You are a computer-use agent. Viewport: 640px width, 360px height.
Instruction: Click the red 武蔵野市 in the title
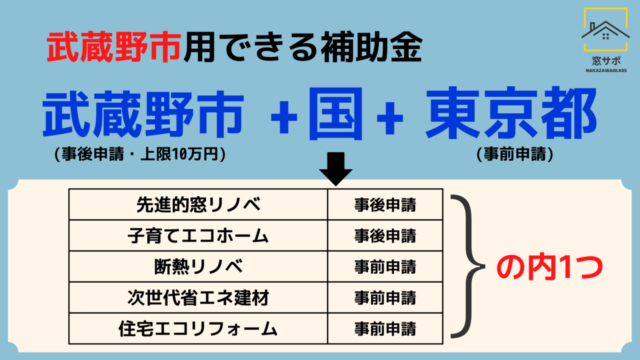tap(114, 48)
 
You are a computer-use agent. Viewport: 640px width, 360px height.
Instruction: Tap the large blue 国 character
tap(335, 114)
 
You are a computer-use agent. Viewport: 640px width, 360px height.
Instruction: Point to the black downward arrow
tap(335, 168)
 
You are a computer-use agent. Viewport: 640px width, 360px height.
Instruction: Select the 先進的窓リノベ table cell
tap(198, 204)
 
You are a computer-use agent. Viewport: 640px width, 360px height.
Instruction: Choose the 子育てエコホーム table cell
tap(198, 235)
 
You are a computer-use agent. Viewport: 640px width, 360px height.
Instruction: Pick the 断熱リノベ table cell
tap(198, 266)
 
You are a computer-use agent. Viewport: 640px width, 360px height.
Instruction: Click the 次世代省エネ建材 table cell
tap(198, 298)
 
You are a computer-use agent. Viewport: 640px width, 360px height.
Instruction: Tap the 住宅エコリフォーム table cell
tap(198, 329)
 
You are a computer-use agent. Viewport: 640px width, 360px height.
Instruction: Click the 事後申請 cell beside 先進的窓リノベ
tap(385, 204)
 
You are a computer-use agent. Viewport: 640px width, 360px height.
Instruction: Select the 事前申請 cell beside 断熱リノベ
tap(385, 266)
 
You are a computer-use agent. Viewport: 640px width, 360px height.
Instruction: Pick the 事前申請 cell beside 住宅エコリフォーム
tap(385, 329)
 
